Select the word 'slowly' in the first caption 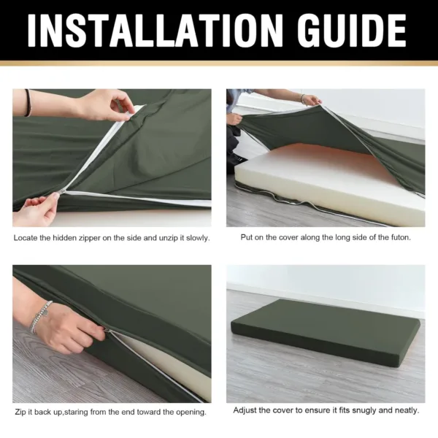tap(198, 238)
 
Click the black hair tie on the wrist tap(28, 103)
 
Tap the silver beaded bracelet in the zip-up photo tap(39, 317)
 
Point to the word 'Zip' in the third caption tap(20, 412)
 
